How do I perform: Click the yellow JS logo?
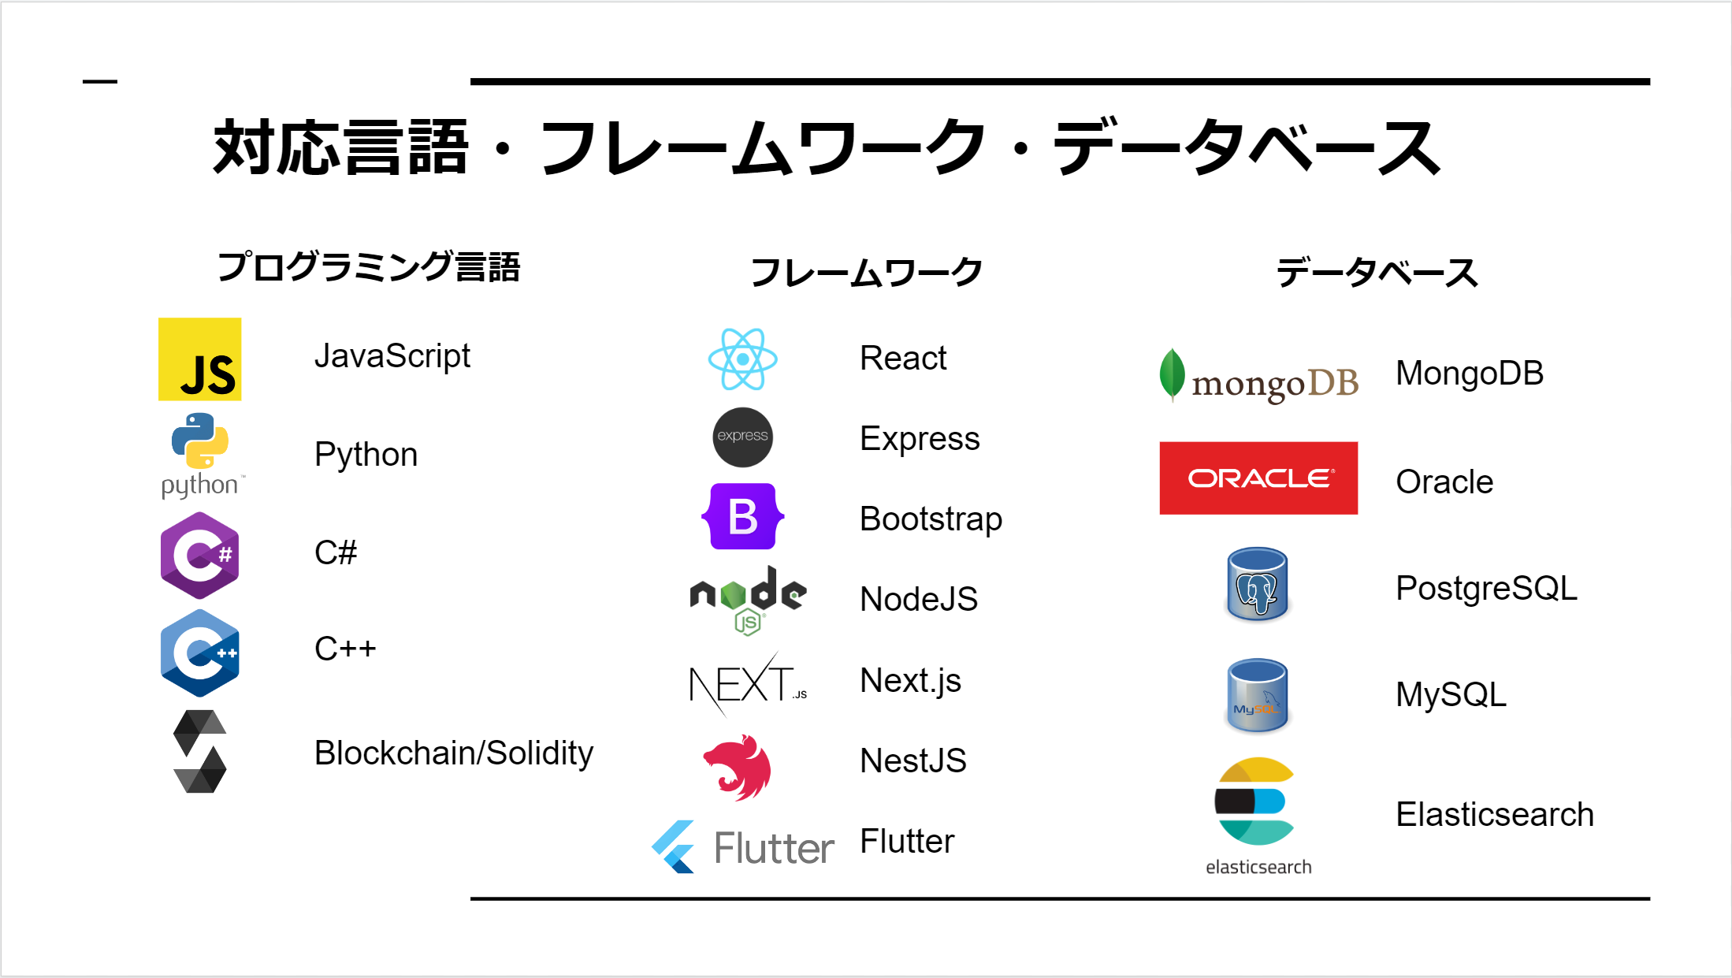199,359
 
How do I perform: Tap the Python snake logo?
200,441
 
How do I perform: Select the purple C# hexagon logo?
199,555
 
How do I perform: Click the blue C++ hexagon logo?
199,653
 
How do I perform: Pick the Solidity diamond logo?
199,751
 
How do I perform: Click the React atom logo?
742,359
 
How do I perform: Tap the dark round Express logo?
742,437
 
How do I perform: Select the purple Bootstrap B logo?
742,517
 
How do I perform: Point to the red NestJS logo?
738,767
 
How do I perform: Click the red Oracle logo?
1258,478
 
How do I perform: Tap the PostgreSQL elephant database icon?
1257,585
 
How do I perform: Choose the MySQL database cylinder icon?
1257,695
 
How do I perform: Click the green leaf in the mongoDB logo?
1172,374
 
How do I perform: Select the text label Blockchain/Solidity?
453,753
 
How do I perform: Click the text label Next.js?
910,680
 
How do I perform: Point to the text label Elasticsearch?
1494,814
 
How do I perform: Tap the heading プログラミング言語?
369,267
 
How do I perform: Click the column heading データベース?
1377,273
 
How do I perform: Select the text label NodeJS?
918,599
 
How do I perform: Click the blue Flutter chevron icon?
675,847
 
